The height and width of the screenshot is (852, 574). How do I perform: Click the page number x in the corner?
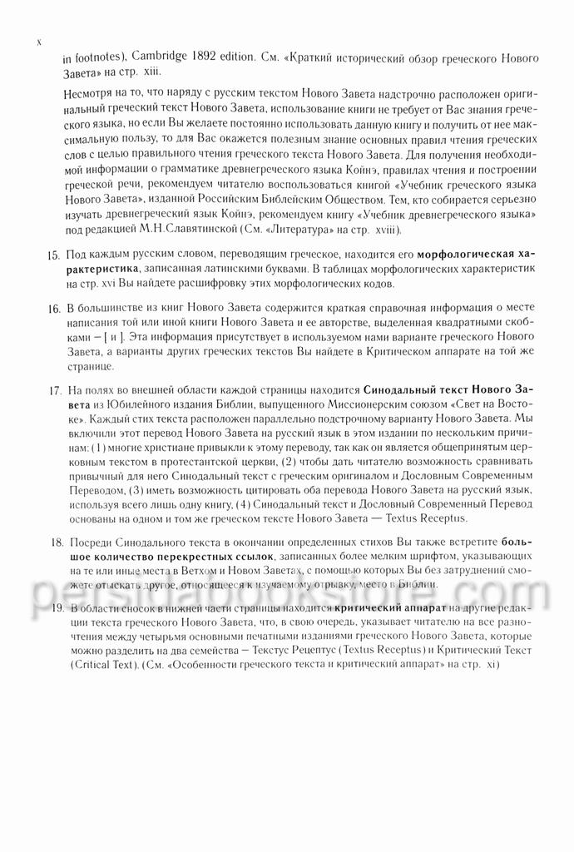tap(39, 41)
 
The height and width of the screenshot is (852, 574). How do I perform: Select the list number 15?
tap(52, 251)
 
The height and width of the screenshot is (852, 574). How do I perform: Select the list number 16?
tap(52, 309)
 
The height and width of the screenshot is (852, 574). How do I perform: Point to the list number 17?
tap(52, 389)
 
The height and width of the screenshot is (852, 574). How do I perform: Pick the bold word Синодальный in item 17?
tap(398, 389)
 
